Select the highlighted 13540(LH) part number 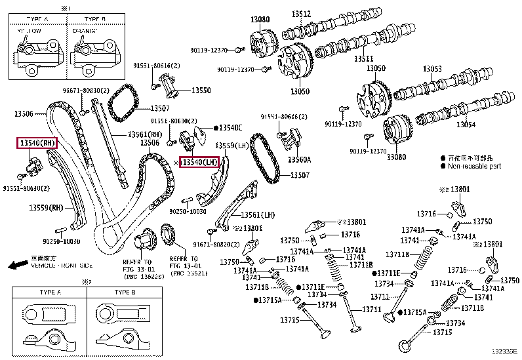(x=199, y=162)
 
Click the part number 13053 (x=432, y=69)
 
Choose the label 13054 (x=466, y=125)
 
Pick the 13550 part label (x=201, y=90)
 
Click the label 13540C (x=230, y=127)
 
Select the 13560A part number (x=300, y=159)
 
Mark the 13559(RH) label (x=45, y=208)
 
